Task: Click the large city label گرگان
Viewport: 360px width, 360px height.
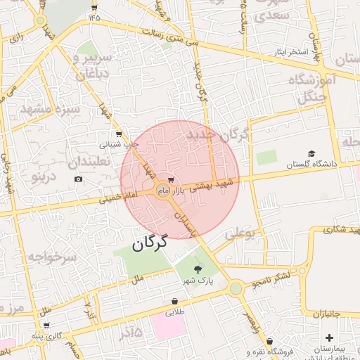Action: point(150,244)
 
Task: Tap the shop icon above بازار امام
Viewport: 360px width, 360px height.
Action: point(172,180)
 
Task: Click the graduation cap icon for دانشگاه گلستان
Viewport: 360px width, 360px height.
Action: point(311,154)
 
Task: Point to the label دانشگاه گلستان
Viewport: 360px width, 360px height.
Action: point(311,164)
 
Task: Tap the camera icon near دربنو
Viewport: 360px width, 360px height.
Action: point(78,179)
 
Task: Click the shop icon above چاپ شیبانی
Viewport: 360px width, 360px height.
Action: point(118,133)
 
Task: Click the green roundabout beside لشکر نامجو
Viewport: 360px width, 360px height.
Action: point(236,288)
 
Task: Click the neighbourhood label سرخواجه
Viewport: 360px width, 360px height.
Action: point(51,257)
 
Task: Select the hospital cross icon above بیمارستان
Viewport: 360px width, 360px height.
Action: point(330,338)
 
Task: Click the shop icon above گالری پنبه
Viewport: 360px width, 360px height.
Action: point(46,326)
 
